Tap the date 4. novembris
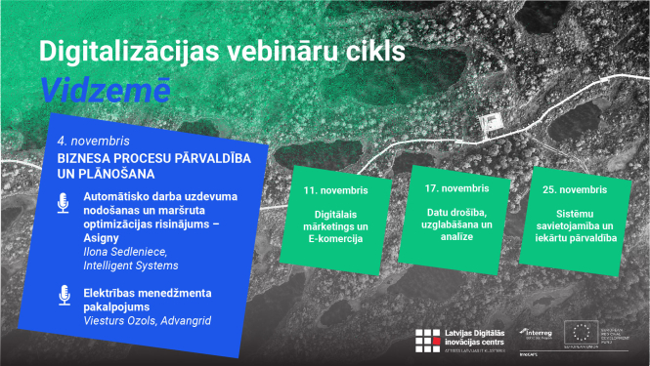[x=87, y=141]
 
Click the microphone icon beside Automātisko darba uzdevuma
[x=64, y=203]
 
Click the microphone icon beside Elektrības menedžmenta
[x=64, y=294]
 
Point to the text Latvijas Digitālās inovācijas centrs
[x=476, y=338]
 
